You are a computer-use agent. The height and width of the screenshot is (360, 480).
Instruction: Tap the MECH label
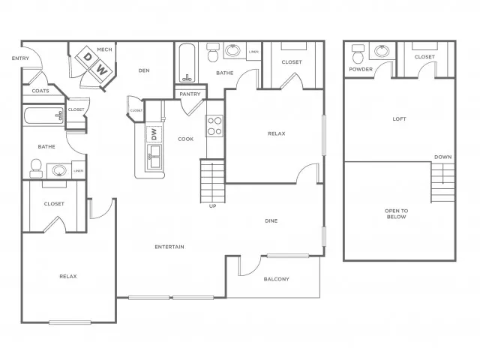(x=104, y=50)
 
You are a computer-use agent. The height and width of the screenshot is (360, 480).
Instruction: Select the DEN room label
(x=145, y=71)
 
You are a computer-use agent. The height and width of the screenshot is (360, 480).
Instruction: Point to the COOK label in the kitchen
(x=185, y=139)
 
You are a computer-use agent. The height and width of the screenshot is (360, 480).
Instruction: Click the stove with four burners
(x=214, y=125)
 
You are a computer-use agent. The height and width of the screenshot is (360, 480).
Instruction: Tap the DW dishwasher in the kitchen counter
(x=154, y=134)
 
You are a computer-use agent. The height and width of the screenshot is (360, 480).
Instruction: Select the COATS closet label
(x=40, y=91)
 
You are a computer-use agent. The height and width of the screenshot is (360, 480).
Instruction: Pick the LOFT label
(x=399, y=118)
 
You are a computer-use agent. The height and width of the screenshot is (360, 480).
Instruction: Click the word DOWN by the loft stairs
(x=442, y=157)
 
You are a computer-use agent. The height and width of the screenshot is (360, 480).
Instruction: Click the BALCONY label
(x=276, y=279)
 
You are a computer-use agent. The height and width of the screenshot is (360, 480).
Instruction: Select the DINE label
(x=271, y=221)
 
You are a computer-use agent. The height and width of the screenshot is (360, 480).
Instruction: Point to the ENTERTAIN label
(x=169, y=247)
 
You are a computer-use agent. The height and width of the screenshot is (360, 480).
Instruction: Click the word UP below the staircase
(x=212, y=206)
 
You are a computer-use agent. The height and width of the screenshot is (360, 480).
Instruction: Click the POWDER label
(x=360, y=70)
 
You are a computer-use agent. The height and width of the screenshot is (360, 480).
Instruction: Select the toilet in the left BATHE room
(x=35, y=168)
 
